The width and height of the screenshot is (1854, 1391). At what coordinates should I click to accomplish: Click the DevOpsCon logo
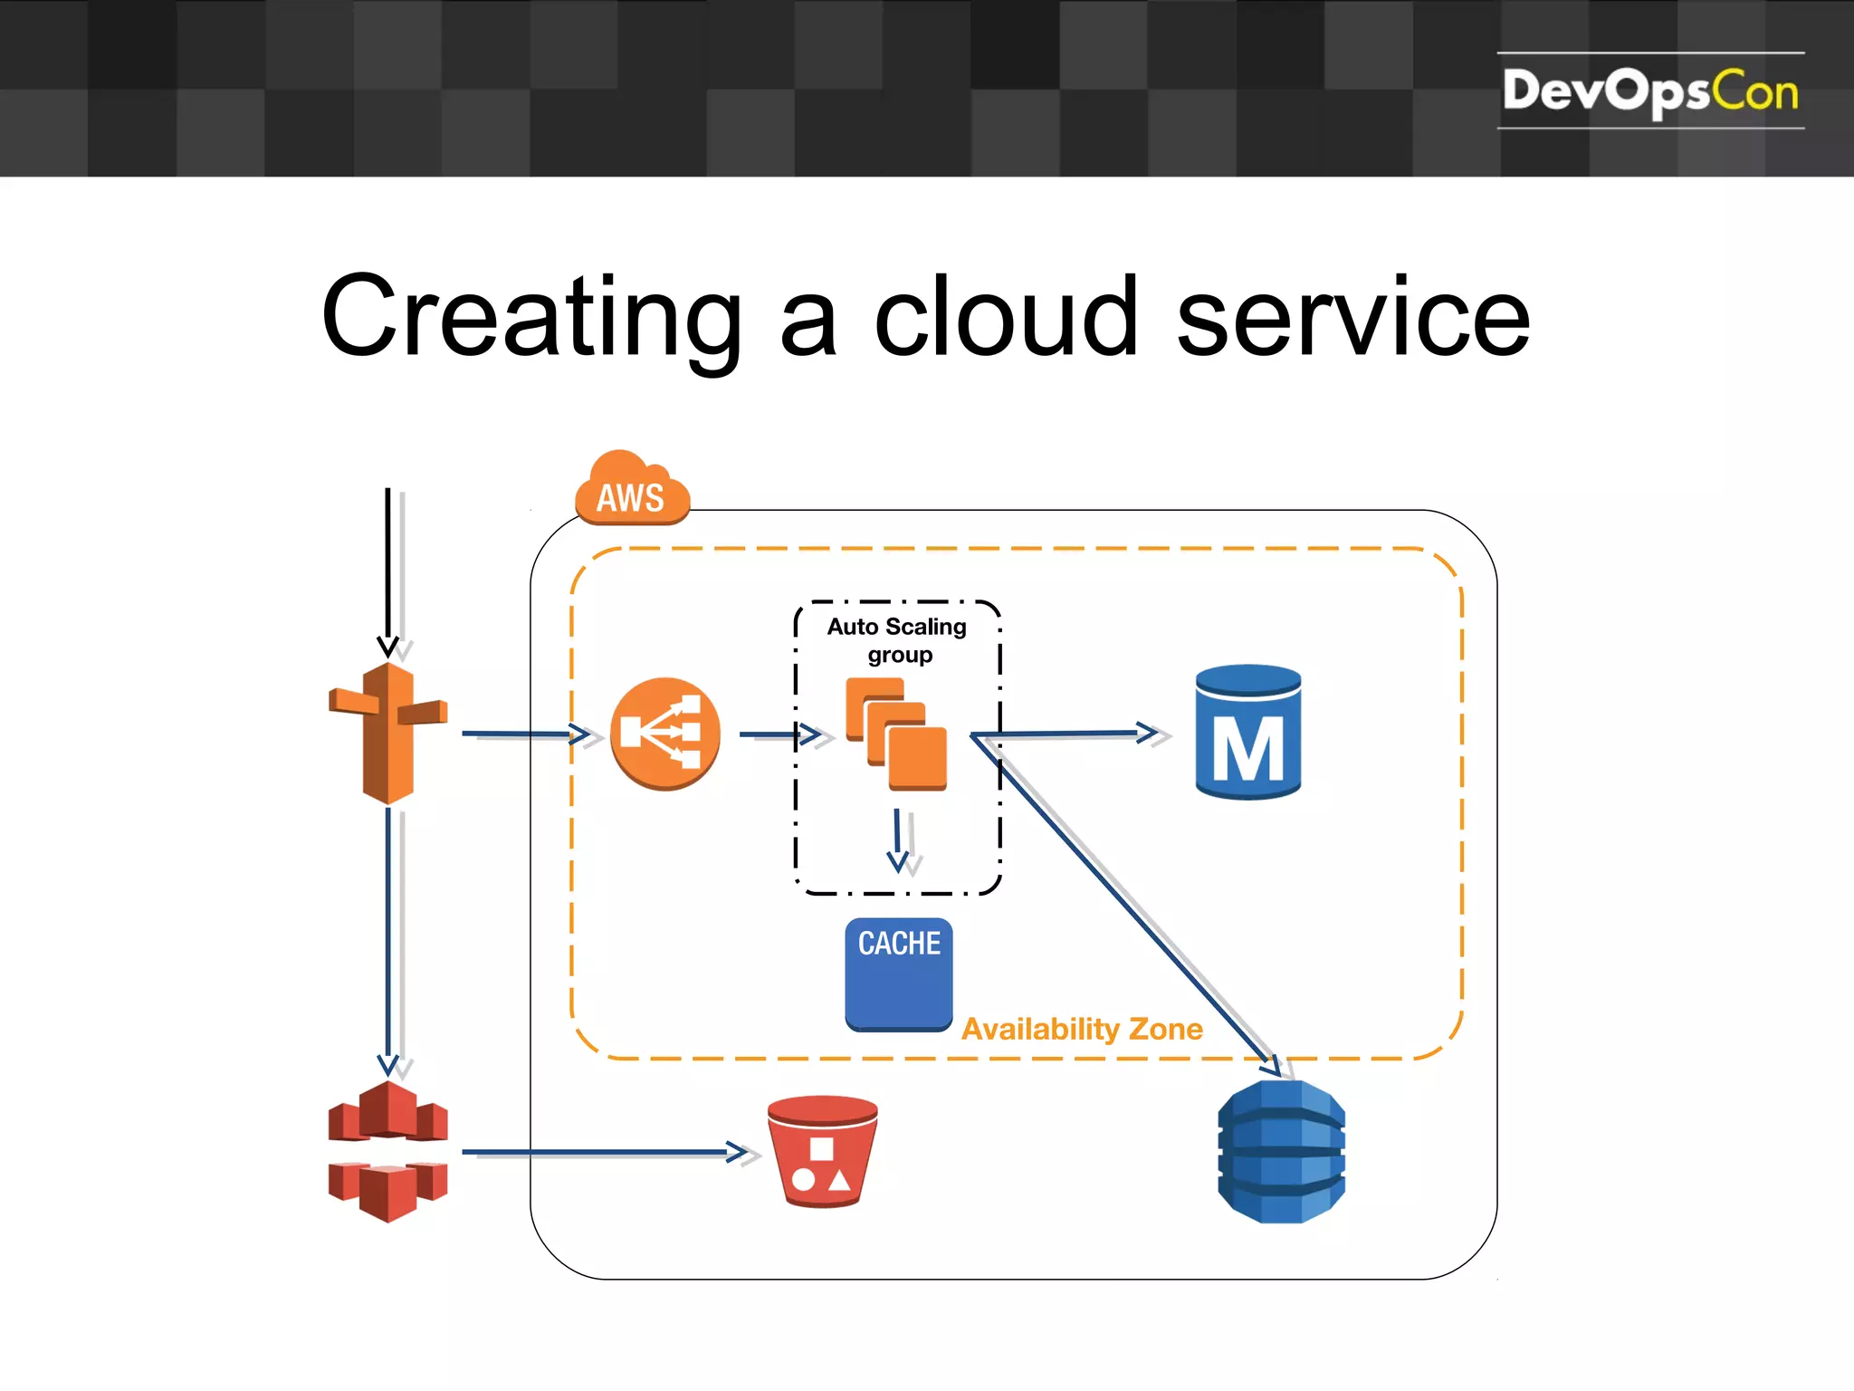tap(1649, 91)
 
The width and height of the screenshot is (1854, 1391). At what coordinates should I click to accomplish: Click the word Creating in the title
tap(531, 317)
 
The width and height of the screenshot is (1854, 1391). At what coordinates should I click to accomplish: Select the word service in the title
tap(1352, 317)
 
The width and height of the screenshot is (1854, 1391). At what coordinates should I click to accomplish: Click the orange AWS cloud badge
tap(632, 491)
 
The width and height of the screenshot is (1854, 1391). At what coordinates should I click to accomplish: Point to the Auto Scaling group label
tap(897, 640)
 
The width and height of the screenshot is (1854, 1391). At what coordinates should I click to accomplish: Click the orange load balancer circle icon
tap(665, 734)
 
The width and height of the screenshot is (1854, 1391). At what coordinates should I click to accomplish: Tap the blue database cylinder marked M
tap(1248, 732)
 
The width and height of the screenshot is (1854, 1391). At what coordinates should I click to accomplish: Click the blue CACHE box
tap(899, 974)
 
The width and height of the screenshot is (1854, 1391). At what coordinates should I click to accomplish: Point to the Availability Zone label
tap(1082, 1030)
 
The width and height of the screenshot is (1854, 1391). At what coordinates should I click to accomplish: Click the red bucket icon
tap(822, 1151)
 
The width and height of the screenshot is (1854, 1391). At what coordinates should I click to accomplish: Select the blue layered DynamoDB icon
tap(1282, 1151)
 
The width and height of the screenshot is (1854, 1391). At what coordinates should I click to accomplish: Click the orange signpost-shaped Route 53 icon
tap(388, 734)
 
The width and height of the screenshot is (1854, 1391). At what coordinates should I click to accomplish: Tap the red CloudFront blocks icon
tap(388, 1151)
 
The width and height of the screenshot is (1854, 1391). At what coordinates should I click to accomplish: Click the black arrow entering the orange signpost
tap(387, 571)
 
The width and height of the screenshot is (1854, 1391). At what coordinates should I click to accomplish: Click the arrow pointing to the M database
tap(1068, 734)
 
